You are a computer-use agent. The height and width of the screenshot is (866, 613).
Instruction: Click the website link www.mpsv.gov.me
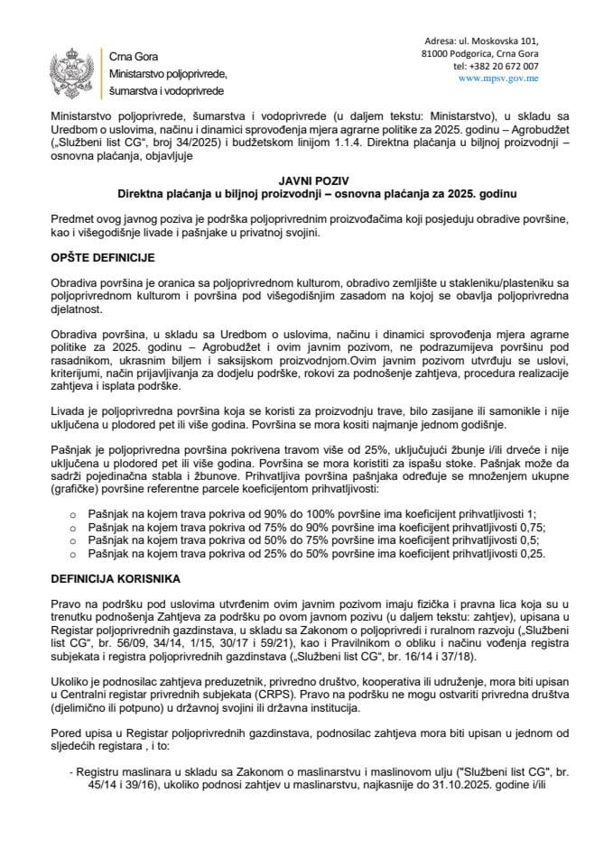point(499,78)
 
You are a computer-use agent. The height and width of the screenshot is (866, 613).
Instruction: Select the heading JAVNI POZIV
point(306,180)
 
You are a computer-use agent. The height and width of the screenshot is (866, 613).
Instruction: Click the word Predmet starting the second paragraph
point(75,220)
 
